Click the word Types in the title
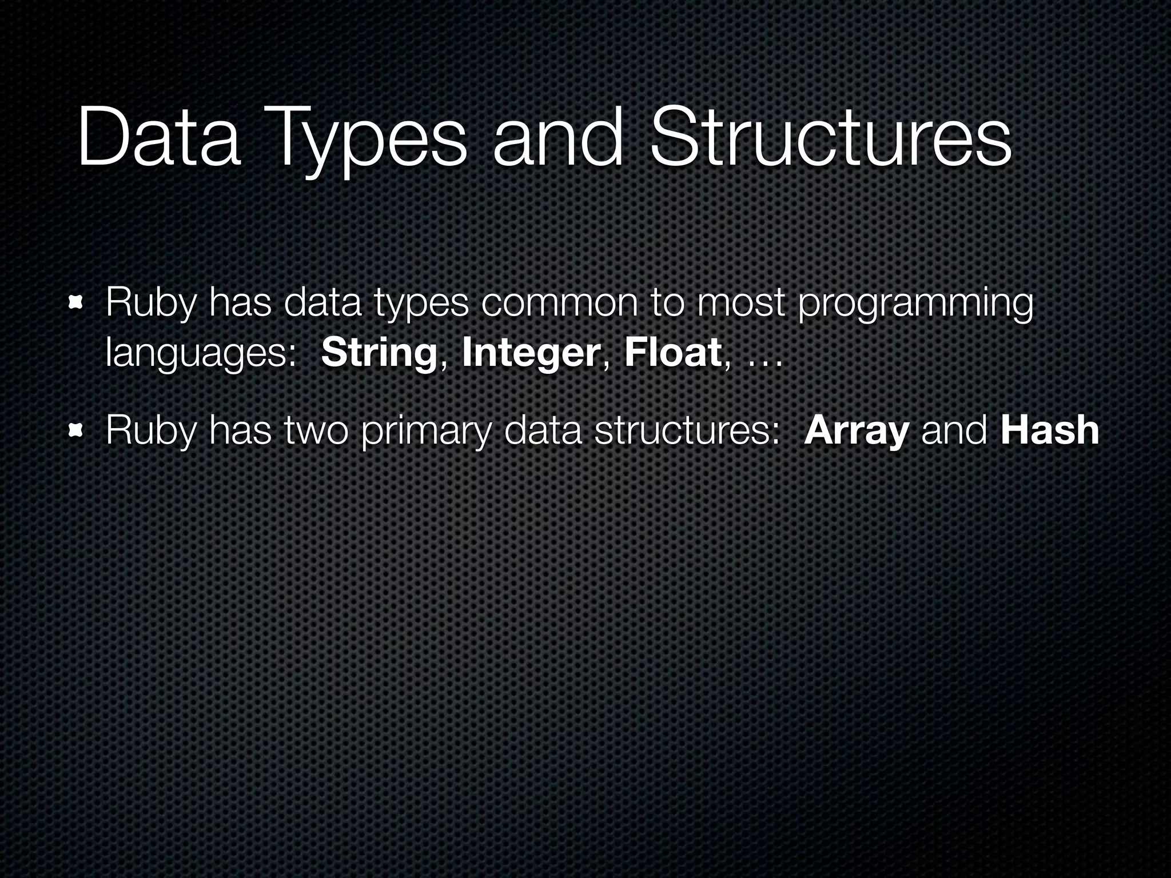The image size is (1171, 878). pyautogui.click(x=366, y=140)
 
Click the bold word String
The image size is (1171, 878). pyautogui.click(x=379, y=354)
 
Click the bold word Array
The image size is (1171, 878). pyautogui.click(x=856, y=432)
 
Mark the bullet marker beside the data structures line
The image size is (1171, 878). pyautogui.click(x=75, y=429)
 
